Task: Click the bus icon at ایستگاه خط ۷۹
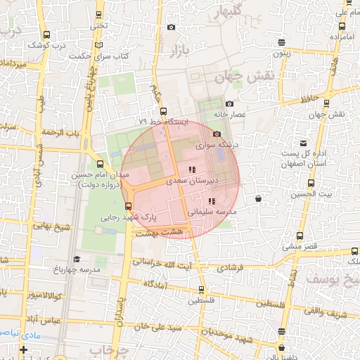163,111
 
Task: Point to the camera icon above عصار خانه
230,103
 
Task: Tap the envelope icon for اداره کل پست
304,143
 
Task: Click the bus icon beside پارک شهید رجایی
128,206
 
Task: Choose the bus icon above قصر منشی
300,236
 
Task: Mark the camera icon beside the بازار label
171,27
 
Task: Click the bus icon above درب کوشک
46,34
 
